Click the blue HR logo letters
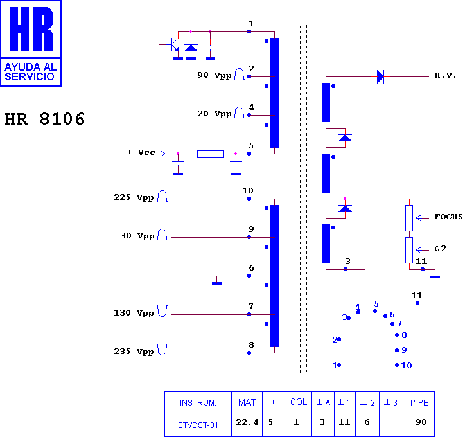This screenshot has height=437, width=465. pos(31,29)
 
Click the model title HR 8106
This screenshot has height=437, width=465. pos(45,119)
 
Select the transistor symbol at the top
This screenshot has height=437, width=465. pos(172,45)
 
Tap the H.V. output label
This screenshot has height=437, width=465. pos(445,75)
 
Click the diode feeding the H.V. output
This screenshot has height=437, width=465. pos(380,76)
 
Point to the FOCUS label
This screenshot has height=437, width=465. pos(448,217)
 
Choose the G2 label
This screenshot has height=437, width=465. pos(440,249)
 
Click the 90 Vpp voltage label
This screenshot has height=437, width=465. pos(214,75)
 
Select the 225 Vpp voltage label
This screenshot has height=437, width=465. pos(134,197)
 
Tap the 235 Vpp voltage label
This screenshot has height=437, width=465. pos(134,352)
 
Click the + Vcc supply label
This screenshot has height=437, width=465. pos(141,152)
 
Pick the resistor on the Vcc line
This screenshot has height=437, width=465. pos(210,154)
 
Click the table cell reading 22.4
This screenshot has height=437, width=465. pos(247,422)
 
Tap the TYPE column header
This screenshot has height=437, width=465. pos(419,402)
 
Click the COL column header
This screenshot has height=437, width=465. pos(299,402)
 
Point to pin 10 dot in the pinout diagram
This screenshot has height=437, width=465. pos(397,365)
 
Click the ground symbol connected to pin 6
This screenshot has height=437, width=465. pos(217,283)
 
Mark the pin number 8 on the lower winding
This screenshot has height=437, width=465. pos(251,344)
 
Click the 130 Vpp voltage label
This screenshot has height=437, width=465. pos(134,313)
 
